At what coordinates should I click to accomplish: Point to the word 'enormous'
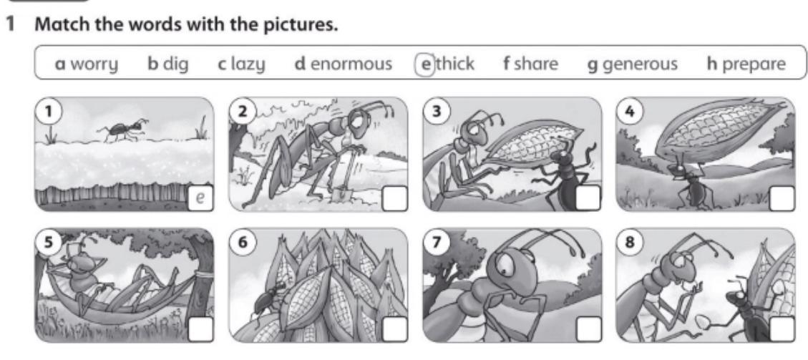[x=351, y=64]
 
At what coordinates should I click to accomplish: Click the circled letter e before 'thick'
[x=425, y=64]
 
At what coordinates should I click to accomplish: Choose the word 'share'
[x=537, y=64]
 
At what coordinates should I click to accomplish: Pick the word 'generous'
[x=640, y=65]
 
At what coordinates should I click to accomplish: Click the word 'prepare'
[x=754, y=65]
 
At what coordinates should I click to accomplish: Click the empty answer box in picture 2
[x=395, y=199]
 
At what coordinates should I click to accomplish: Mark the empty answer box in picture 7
[x=588, y=329]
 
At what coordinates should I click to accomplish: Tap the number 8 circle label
[x=631, y=243]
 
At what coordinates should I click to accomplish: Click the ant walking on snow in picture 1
[x=122, y=130]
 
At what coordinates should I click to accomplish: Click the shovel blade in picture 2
[x=338, y=195]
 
